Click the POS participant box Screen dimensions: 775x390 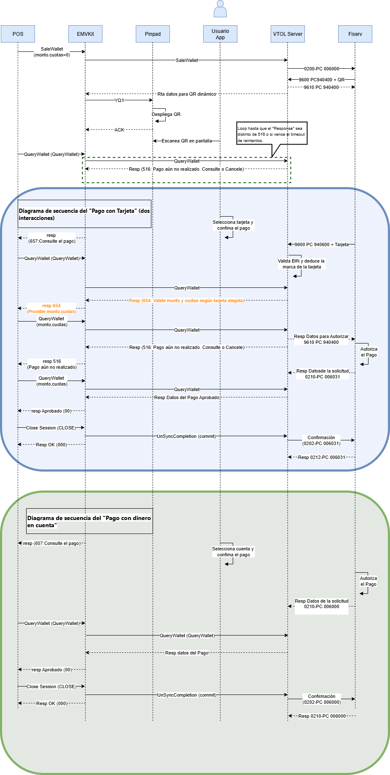pyautogui.click(x=18, y=34)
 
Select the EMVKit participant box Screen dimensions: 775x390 pyautogui.click(x=85, y=34)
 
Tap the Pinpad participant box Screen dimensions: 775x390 pyautogui.click(x=153, y=34)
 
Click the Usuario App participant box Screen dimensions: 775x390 pyautogui.click(x=220, y=34)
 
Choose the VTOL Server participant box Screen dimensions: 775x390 pyautogui.click(x=288, y=34)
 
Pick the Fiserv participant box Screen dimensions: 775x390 pyautogui.click(x=355, y=34)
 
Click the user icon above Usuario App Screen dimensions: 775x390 pyautogui.click(x=220, y=9)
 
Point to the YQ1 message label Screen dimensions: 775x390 pyautogui.click(x=119, y=100)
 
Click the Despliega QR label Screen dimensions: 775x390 pyautogui.click(x=166, y=114)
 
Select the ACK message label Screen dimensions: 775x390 pyautogui.click(x=119, y=130)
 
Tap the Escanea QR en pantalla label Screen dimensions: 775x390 pyautogui.click(x=187, y=141)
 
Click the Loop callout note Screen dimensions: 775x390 pyautogui.click(x=272, y=134)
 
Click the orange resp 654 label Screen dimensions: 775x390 pyautogui.click(x=51, y=308)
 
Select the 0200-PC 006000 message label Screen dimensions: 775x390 pyautogui.click(x=321, y=68)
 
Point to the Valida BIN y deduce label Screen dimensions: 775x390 pyautogui.click(x=301, y=264)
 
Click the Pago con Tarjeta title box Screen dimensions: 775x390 pyautogui.click(x=84, y=214)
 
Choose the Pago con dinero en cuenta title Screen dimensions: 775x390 pyautogui.click(x=89, y=521)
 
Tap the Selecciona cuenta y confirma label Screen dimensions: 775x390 pyautogui.click(x=233, y=552)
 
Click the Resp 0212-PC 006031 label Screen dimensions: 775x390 pyautogui.click(x=321, y=457)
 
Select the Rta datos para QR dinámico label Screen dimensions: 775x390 pyautogui.click(x=187, y=94)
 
